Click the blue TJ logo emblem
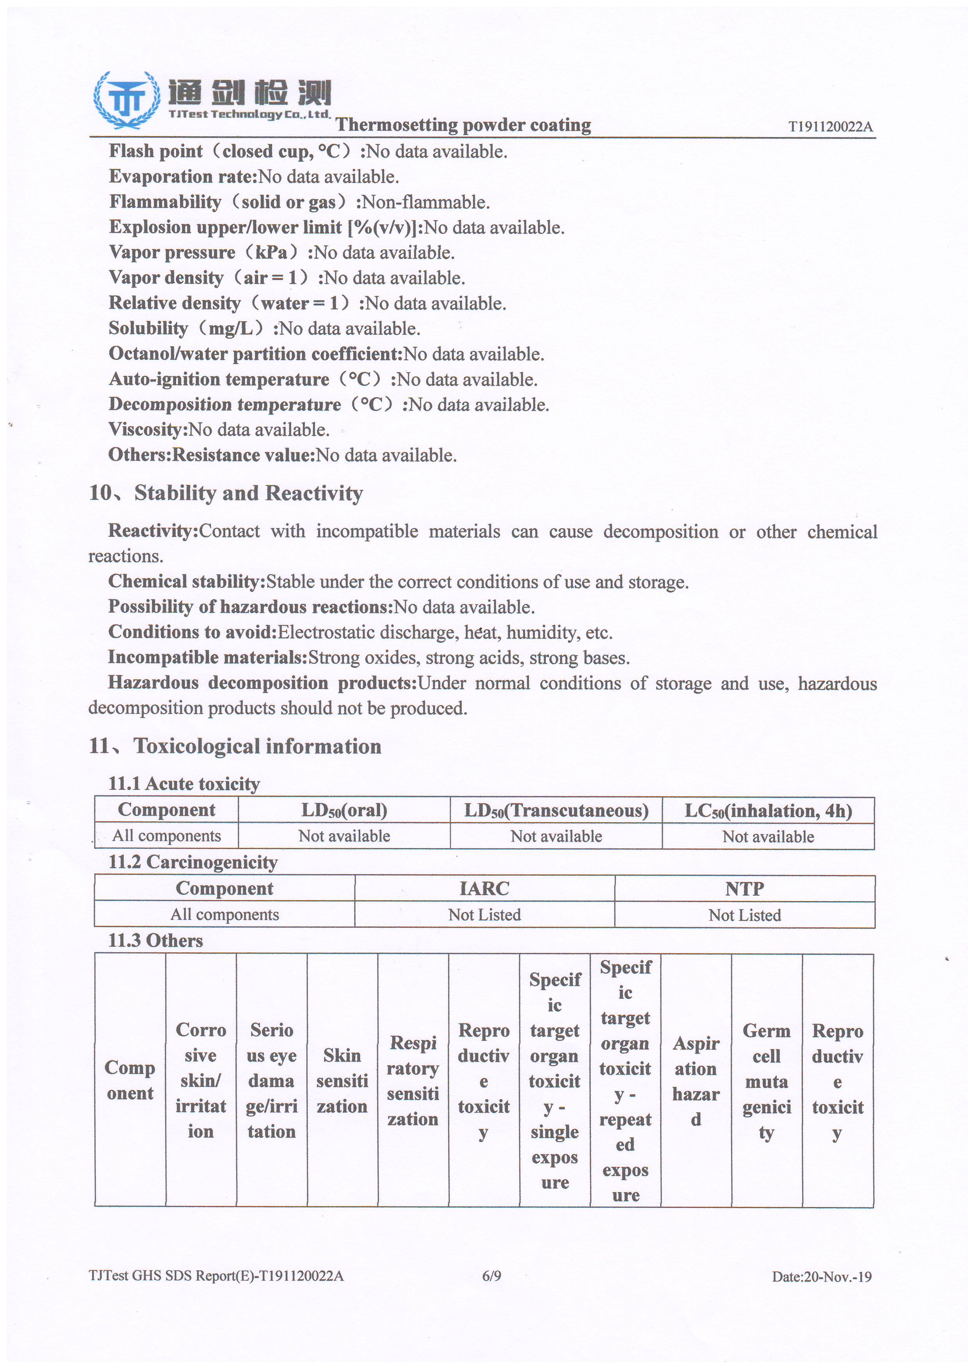click(126, 100)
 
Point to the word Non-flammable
click(426, 202)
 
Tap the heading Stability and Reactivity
click(248, 493)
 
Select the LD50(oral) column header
click(344, 810)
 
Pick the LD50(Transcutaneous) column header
click(556, 810)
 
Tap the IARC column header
click(484, 889)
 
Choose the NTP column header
click(744, 889)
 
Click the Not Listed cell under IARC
click(484, 915)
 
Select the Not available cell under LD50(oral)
click(344, 836)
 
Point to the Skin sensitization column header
click(342, 1081)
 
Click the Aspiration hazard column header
click(696, 1081)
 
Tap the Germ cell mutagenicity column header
click(767, 1081)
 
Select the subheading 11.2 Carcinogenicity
click(193, 862)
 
